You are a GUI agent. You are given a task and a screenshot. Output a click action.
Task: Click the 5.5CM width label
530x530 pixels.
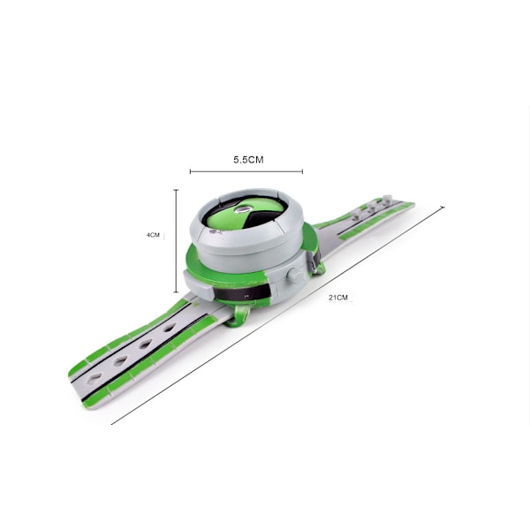248,160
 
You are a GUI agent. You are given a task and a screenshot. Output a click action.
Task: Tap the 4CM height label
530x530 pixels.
153,235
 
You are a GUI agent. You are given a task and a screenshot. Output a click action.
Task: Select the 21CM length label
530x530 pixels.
338,298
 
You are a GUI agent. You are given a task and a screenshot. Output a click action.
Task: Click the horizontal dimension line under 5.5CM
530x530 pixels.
246,171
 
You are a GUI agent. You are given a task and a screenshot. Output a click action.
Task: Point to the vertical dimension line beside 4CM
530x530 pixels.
176,240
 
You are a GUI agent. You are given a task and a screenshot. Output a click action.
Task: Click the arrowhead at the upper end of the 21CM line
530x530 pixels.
443,208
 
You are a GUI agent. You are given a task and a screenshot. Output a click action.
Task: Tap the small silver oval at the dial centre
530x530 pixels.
242,210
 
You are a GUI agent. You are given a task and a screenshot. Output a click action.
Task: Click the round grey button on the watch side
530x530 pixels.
294,275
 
